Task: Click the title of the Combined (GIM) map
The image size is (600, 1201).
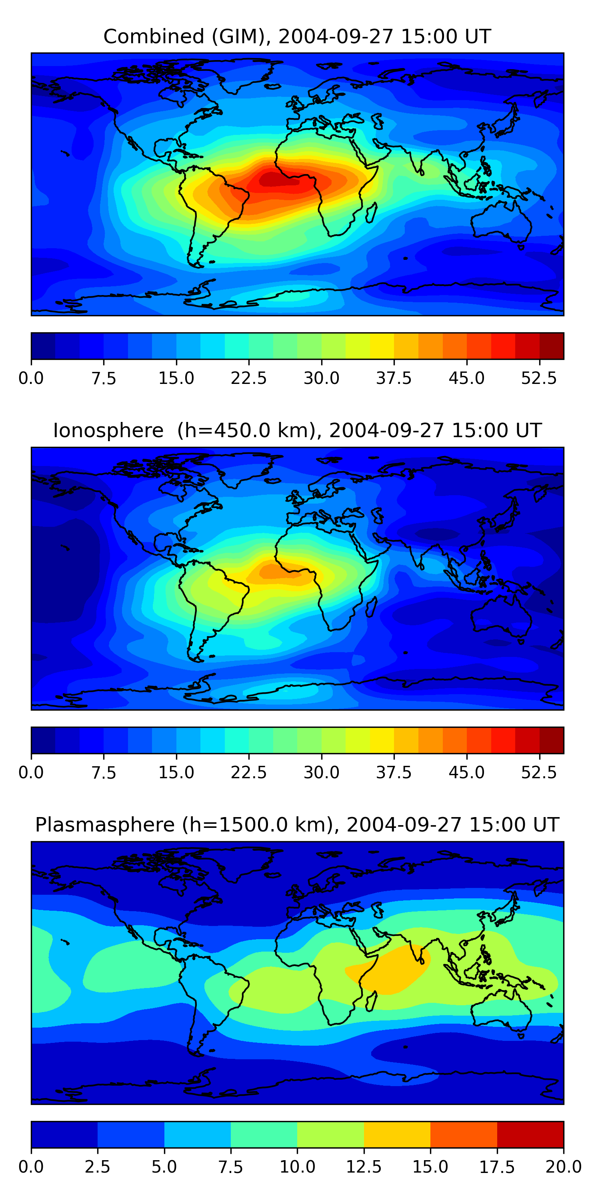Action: coord(297,36)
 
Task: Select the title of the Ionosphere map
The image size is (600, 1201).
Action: coord(297,430)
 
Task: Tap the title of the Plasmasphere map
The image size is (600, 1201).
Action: coord(297,825)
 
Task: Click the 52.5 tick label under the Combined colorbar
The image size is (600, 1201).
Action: coord(539,378)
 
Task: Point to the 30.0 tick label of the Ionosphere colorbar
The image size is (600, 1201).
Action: coord(322,773)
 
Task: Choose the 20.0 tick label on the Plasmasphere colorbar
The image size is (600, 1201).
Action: coord(563,1167)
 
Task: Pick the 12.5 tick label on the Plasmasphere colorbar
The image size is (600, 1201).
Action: coord(364,1167)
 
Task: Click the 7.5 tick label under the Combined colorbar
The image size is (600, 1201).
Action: coord(104,378)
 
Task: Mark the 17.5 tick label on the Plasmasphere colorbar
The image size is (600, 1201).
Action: coord(497,1167)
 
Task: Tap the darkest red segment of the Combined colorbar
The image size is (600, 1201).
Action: coord(552,346)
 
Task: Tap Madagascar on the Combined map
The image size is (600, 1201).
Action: coord(371,212)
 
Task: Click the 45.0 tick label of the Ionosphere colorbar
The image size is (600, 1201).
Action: coord(467,773)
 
